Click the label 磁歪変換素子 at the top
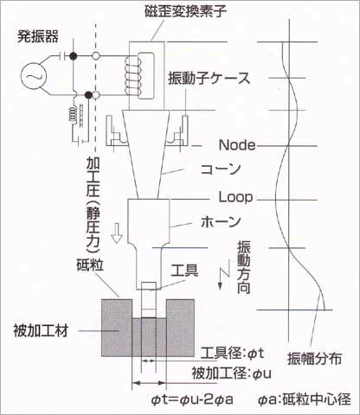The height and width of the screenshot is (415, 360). (185, 11)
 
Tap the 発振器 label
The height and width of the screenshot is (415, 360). (38, 36)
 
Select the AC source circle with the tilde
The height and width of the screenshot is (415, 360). (34, 76)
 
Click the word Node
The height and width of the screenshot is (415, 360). (237, 145)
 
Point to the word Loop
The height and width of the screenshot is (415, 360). (235, 197)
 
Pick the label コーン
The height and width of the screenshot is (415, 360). (221, 169)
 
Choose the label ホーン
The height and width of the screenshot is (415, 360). (221, 221)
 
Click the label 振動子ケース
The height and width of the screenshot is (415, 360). (209, 79)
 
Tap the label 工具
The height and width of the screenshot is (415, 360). (184, 271)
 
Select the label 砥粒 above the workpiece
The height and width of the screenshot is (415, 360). (90, 265)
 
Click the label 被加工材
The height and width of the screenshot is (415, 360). (41, 330)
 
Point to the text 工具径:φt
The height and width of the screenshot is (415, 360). (233, 353)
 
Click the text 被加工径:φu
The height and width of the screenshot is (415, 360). (232, 373)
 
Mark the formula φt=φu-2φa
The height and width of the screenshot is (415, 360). (192, 399)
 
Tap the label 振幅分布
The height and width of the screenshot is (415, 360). (315, 359)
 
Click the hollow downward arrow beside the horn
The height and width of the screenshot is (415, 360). (117, 233)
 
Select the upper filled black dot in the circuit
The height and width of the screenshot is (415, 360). (74, 55)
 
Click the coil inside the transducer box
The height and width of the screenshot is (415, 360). (132, 75)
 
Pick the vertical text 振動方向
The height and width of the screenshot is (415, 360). (244, 267)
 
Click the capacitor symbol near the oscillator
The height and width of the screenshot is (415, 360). (63, 55)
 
